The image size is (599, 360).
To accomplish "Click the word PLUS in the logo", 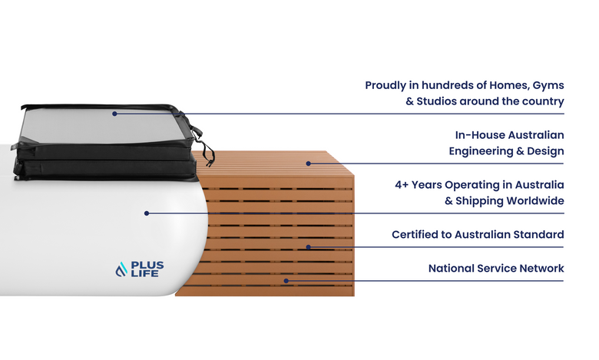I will tap(147, 265).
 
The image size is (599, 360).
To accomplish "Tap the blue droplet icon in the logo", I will tap(121, 269).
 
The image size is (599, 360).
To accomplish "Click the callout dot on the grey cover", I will tap(114, 114).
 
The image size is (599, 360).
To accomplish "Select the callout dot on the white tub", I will tap(147, 213).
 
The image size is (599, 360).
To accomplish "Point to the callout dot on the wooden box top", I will tap(308, 163).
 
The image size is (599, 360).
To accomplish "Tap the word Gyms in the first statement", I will tap(547, 85).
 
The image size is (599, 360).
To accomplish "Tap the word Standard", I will tap(538, 235).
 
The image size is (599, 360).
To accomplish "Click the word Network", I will tap(541, 269).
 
